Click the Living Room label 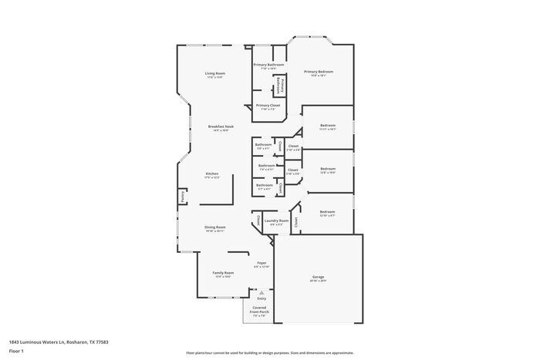pos(214,73)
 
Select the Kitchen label pos(212,173)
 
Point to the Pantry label pos(183,197)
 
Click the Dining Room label pos(214,227)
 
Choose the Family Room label pos(222,273)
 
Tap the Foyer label pos(262,262)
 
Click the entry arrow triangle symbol pos(262,293)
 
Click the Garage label pos(318,277)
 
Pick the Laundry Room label pos(276,220)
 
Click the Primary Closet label pos(268,105)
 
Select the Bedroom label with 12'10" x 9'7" pos(327,211)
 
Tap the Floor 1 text pos(16,351)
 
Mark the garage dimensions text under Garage pos(318,281)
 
